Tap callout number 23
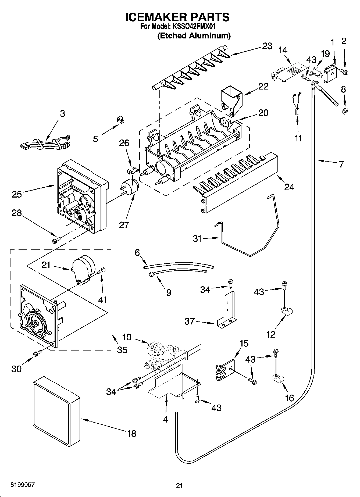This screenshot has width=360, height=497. point(267,46)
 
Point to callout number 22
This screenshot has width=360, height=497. point(263,87)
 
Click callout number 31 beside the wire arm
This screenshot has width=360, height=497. point(197,238)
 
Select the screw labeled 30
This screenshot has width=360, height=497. point(37,353)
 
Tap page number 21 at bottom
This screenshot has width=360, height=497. point(179,485)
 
